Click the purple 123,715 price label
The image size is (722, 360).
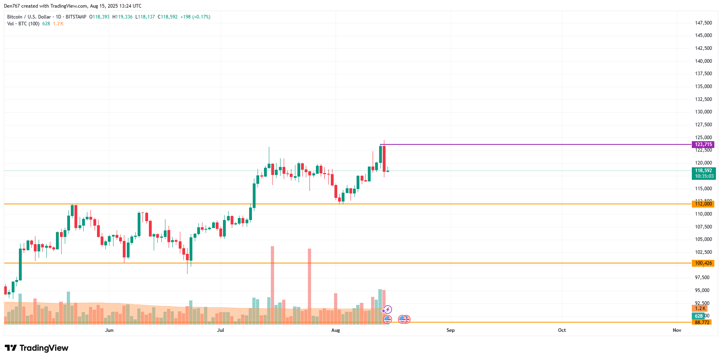click(703, 144)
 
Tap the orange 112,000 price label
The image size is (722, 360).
click(703, 204)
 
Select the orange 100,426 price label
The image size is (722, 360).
click(703, 263)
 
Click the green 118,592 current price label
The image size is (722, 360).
click(703, 171)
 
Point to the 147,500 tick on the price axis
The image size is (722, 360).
click(703, 23)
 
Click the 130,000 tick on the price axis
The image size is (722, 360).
click(703, 112)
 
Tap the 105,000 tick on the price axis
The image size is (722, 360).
click(703, 239)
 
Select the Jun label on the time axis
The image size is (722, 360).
click(109, 330)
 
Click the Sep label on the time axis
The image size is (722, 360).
click(450, 330)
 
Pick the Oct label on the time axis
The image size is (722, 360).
click(562, 330)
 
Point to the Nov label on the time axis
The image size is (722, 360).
click(677, 330)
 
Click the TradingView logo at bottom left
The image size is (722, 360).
click(37, 348)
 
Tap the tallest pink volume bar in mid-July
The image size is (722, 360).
click(272, 282)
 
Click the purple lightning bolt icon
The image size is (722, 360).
click(387, 309)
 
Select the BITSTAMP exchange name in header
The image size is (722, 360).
click(76, 17)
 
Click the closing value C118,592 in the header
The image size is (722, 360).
click(167, 17)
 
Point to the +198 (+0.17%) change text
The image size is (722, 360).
click(195, 17)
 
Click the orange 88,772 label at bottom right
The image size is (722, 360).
click(702, 322)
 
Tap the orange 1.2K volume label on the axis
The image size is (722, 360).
click(700, 309)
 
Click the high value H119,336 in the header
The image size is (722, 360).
click(122, 17)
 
